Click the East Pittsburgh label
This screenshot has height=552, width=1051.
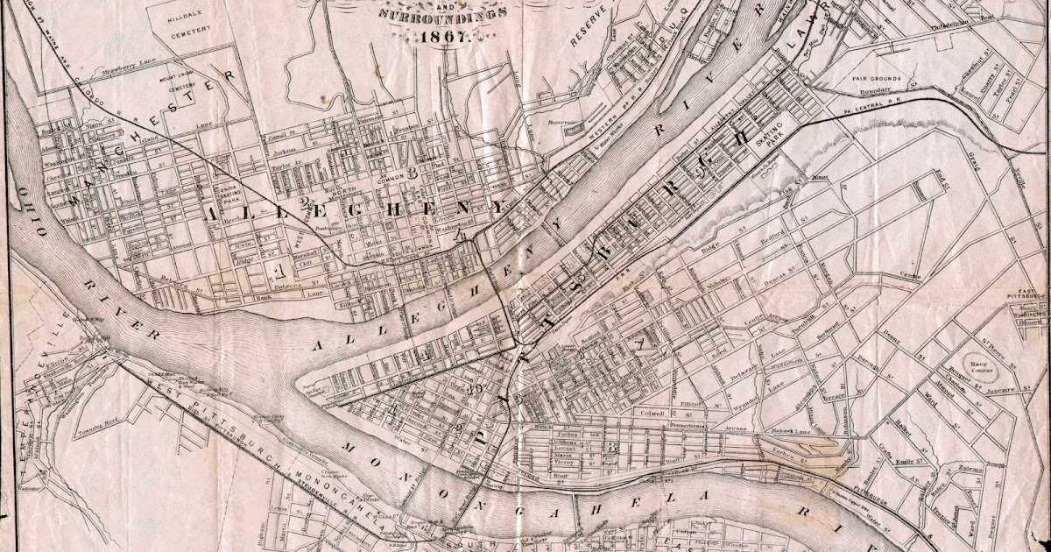tap(1025, 294)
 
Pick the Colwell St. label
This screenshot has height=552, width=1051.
tap(655, 412)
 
